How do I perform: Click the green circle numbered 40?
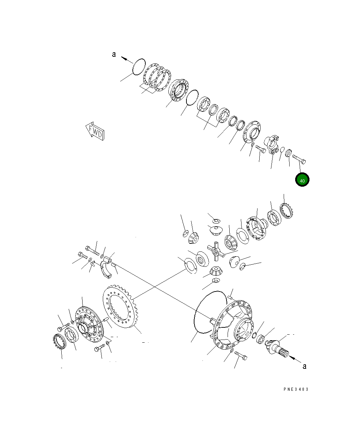click(302, 179)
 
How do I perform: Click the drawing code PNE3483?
click(296, 389)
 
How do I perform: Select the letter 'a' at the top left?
click(114, 54)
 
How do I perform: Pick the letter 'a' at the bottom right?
click(305, 366)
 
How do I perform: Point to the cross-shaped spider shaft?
click(216, 251)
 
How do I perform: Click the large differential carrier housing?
click(233, 325)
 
